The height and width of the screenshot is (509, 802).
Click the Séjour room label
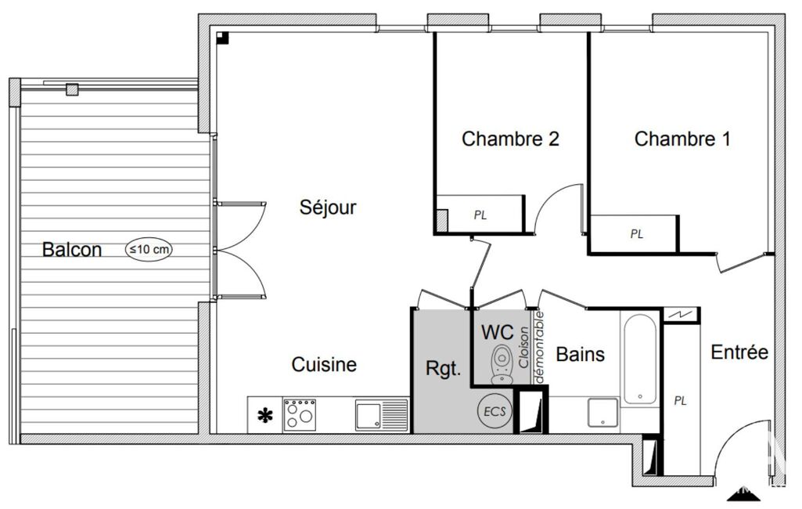[x=328, y=208]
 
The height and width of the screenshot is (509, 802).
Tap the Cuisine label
[x=324, y=365]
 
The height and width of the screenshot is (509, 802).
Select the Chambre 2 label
[x=510, y=139]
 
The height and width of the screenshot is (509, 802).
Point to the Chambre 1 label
[x=682, y=139]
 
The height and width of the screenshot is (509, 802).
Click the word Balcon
[x=72, y=249]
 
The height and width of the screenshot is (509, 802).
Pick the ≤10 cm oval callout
[x=149, y=249]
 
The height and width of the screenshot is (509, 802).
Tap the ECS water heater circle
[x=495, y=411]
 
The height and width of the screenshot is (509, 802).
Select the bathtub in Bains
[x=639, y=359]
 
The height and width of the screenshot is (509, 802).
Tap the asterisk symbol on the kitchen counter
[x=265, y=416]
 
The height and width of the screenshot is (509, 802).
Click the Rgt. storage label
[x=444, y=369]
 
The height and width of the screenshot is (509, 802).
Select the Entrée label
[x=739, y=352]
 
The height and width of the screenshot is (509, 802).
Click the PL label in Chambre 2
[x=480, y=215]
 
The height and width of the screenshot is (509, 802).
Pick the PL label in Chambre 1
[x=637, y=234]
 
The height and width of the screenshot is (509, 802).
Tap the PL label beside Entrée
[x=680, y=400]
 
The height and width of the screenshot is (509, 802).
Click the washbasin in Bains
[x=603, y=413]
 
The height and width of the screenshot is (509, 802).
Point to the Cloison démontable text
[x=531, y=347]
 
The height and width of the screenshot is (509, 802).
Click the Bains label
[x=581, y=355]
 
